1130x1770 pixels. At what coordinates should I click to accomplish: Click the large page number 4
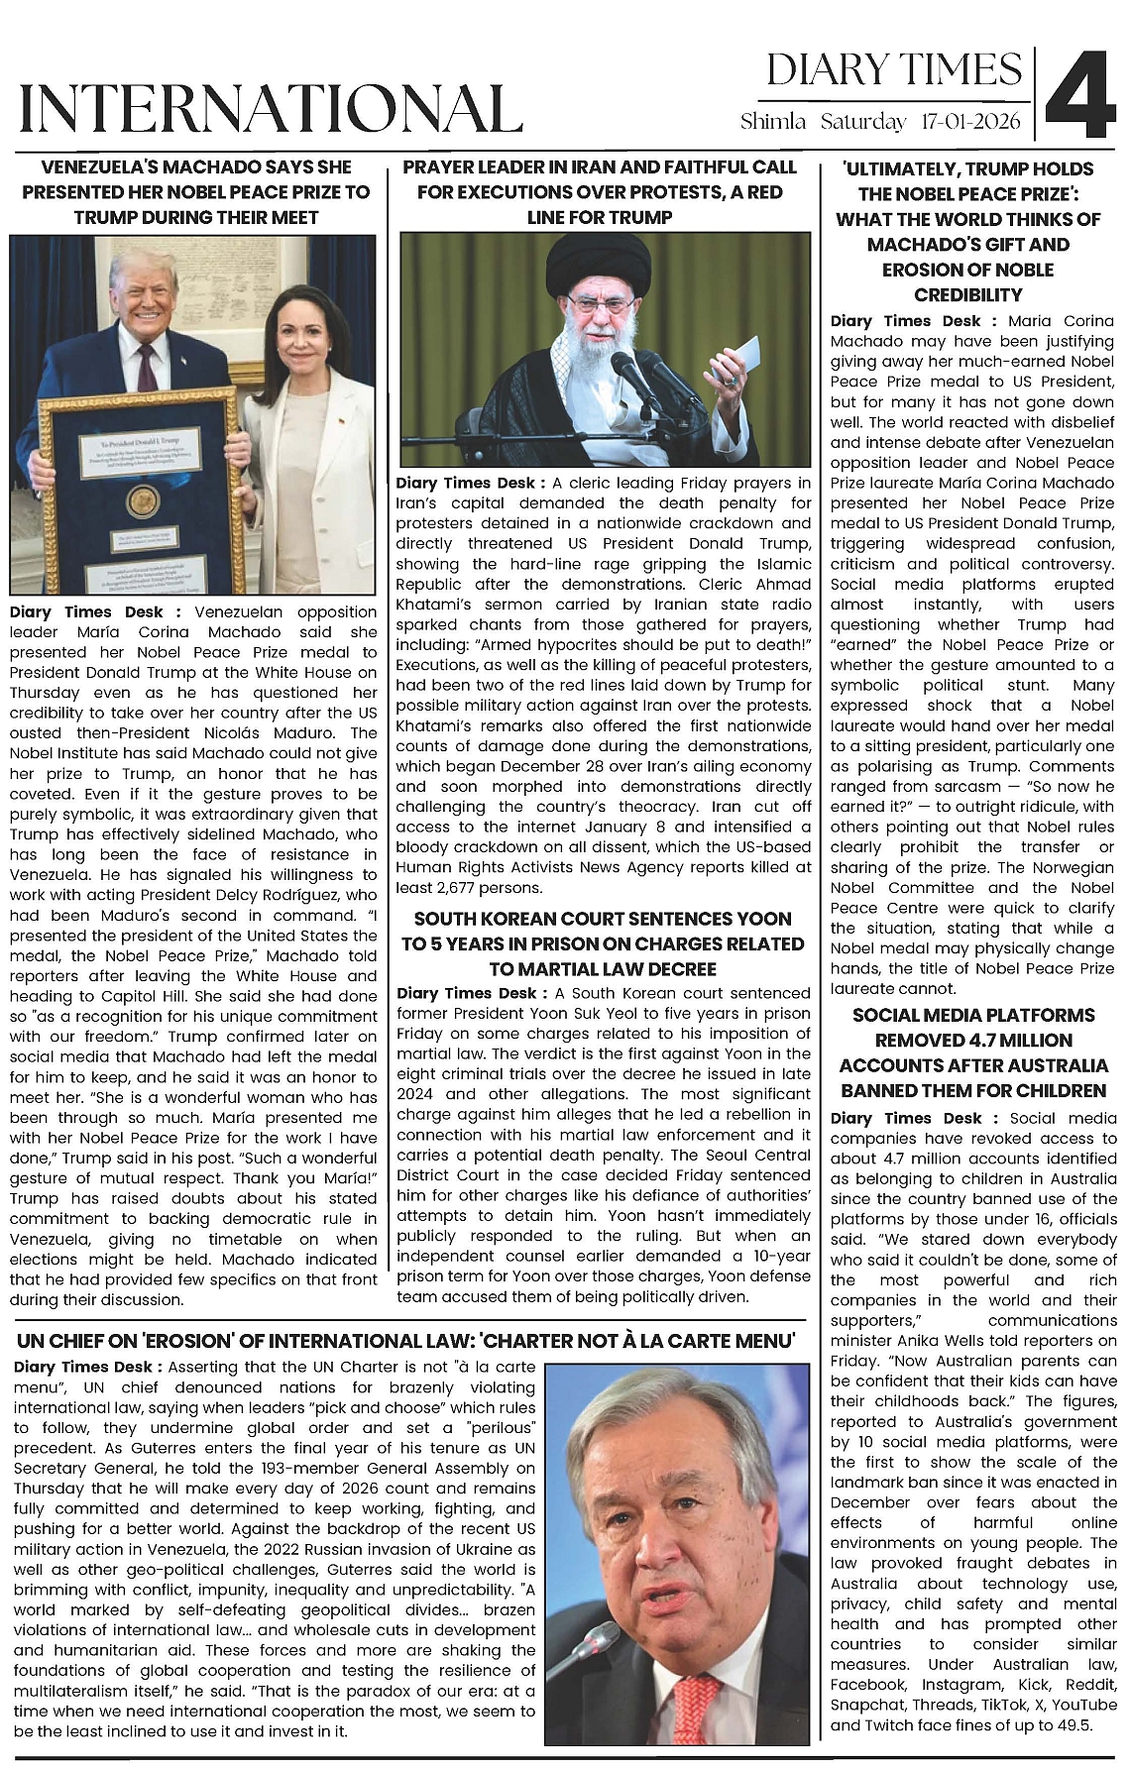pyautogui.click(x=1080, y=93)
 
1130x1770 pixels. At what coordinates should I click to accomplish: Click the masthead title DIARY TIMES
pyautogui.click(x=893, y=69)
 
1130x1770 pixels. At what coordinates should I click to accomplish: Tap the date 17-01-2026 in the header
pyautogui.click(x=970, y=122)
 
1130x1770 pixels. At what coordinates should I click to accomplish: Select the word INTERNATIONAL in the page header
pyautogui.click(x=271, y=108)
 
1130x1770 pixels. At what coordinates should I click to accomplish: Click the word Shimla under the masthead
pyautogui.click(x=773, y=122)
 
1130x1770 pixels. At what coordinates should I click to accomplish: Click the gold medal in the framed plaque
pyautogui.click(x=143, y=501)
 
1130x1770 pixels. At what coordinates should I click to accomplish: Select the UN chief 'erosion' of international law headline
pyautogui.click(x=406, y=1341)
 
